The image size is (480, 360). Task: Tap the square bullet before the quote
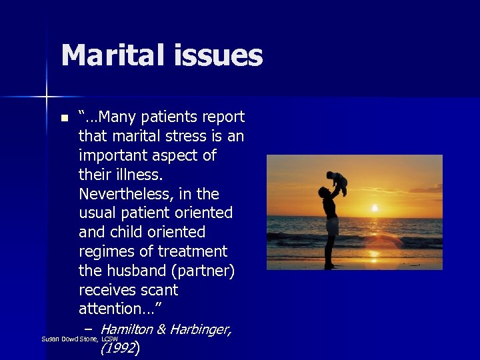tap(64, 119)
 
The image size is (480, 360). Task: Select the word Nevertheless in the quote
tap(125, 194)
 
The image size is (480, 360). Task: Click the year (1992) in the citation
tap(119, 347)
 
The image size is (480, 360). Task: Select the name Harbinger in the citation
tap(200, 329)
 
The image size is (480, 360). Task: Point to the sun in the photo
tap(375, 207)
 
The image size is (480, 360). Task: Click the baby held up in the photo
tap(337, 181)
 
